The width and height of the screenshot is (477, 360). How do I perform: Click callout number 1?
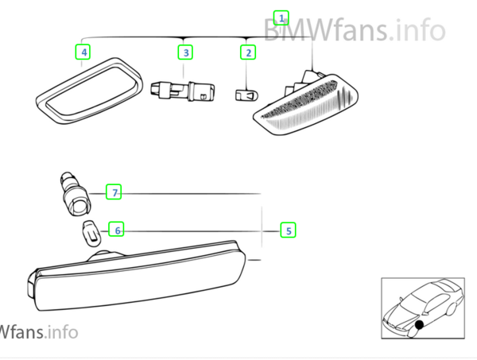point(281,18)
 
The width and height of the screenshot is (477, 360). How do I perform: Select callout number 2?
point(248,52)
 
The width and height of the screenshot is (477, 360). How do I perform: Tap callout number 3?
point(185,52)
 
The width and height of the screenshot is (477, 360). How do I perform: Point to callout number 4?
point(83,52)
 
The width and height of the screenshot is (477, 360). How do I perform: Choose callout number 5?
point(288,230)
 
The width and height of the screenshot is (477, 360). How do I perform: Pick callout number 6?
point(117,230)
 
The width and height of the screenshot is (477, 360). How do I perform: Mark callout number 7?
point(114,192)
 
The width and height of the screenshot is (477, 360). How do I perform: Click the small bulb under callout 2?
point(246,95)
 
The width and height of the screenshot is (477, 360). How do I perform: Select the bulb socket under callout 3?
point(183,91)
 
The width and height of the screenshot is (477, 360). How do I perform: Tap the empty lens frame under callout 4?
point(89,91)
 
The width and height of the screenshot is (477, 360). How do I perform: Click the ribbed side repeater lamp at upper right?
point(306,103)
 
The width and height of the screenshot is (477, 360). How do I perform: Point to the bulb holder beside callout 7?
point(75,194)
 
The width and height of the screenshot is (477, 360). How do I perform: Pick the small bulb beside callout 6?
point(92,234)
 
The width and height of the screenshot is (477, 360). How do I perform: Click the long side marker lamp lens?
point(137,276)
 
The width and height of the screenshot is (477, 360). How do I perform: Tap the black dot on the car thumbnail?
point(419,325)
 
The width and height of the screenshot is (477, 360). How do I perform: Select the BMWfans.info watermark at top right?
point(355,29)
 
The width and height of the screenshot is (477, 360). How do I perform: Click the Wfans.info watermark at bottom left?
point(39,332)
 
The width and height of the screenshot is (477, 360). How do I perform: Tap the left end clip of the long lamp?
point(32,285)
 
